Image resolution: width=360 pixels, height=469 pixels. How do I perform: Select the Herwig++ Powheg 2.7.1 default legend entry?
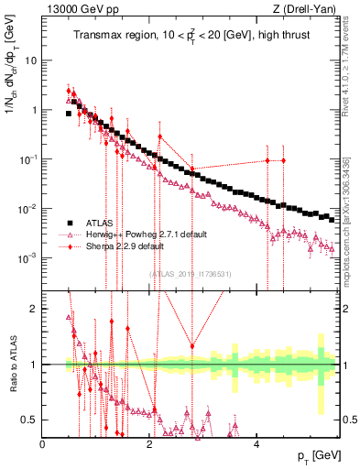click(140, 234)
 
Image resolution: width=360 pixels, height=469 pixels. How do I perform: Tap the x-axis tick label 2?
click(148, 444)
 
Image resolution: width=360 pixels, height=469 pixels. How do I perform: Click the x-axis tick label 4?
click(255, 444)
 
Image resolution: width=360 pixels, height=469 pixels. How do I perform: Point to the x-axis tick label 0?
click(42, 444)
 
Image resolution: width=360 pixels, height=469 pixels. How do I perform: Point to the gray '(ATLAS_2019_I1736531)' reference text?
click(190, 272)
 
